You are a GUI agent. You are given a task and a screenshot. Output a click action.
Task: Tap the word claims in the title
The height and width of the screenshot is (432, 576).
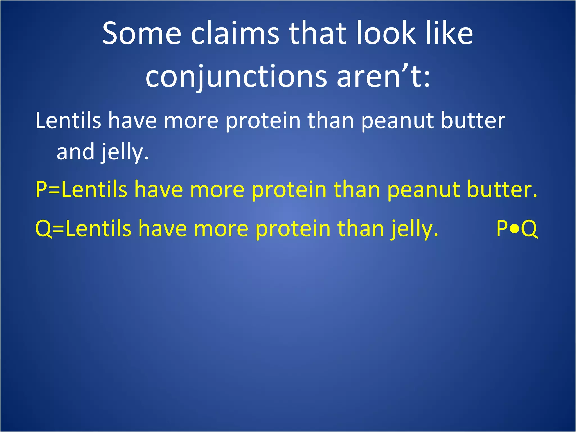(x=235, y=33)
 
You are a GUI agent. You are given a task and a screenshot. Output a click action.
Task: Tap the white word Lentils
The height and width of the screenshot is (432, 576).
(x=68, y=120)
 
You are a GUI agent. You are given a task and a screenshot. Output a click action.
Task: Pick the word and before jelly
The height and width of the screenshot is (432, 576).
(x=75, y=152)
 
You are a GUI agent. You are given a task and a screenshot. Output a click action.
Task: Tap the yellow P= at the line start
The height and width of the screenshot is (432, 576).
(x=48, y=189)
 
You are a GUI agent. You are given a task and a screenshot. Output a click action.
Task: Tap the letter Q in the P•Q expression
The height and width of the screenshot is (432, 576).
(x=529, y=228)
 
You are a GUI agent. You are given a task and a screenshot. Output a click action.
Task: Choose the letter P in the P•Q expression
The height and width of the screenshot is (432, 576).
(x=502, y=228)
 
